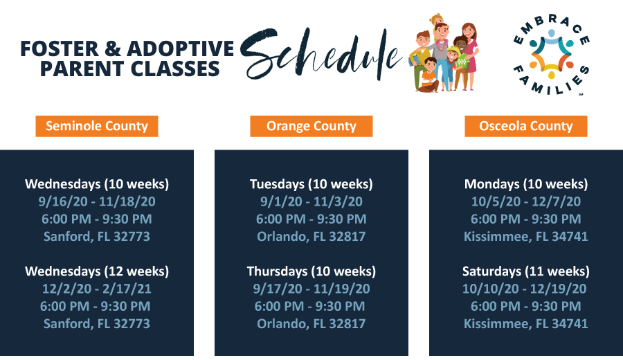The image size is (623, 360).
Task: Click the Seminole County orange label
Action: (97, 127)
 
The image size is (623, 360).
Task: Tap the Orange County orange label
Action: (311, 127)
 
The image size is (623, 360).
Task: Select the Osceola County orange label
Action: (526, 127)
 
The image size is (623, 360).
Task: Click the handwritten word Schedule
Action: (321, 53)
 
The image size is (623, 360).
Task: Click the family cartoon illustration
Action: (444, 53)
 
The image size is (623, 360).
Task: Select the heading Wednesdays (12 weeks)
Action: (97, 271)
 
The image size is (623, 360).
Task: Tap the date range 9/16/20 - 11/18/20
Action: (97, 201)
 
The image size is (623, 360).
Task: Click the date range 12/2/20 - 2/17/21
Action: (97, 289)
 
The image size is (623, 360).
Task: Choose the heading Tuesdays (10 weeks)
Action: (311, 184)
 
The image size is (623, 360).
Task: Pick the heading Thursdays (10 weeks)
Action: (311, 271)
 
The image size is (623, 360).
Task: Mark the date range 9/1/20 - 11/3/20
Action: (311, 201)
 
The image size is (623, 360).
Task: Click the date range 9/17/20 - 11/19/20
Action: (311, 289)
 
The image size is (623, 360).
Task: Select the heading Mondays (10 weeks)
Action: (526, 184)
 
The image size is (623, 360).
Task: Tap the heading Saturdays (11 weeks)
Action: (526, 271)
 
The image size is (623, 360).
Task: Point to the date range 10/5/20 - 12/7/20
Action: (526, 201)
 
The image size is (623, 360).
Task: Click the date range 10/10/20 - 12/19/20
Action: (525, 289)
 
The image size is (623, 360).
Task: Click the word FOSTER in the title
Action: (60, 49)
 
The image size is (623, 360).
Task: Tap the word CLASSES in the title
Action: (175, 69)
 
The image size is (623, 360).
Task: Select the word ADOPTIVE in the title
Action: (181, 49)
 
